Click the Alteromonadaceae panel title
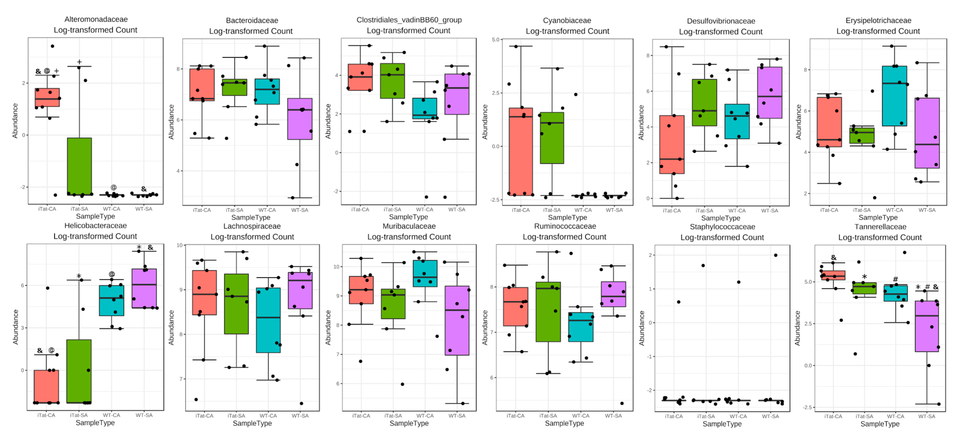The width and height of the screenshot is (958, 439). pos(96,19)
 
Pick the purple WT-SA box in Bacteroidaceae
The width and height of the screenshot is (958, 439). pos(300,119)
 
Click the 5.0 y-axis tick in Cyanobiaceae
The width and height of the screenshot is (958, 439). pos(495,39)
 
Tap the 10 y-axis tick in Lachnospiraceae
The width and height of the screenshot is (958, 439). pos(180,245)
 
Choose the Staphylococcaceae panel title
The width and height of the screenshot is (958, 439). pos(722,227)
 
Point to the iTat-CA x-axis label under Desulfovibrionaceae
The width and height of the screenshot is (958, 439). pos(672,210)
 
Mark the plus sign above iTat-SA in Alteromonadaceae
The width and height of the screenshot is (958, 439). pos(79,62)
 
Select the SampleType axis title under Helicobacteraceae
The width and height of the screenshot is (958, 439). pos(95,423)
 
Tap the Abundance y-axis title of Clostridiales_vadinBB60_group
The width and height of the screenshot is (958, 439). pos(328,121)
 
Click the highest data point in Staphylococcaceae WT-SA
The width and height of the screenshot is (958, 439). pos(776,255)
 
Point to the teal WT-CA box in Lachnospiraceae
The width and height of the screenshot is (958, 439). pos(268,320)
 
